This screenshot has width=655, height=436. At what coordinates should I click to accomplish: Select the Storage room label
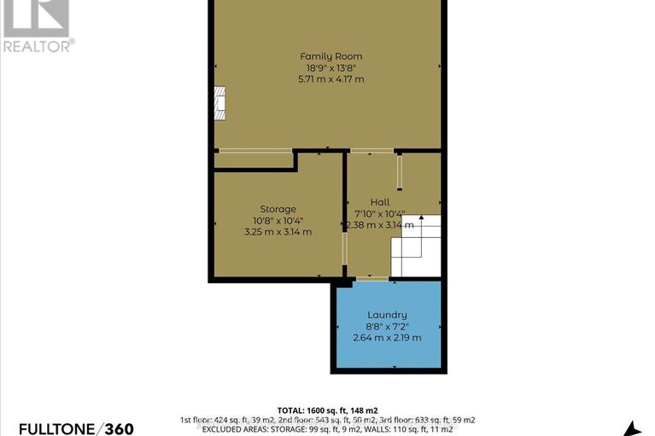tap(278, 209)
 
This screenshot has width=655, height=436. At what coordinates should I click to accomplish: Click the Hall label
tap(380, 202)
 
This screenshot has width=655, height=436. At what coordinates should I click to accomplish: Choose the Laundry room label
tap(388, 315)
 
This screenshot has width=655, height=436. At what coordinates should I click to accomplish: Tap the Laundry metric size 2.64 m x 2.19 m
tap(388, 337)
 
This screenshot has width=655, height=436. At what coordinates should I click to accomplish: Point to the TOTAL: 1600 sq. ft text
tap(327, 410)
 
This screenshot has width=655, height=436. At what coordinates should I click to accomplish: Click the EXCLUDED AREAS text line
tap(327, 430)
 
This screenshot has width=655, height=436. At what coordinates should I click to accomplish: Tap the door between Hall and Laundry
tap(371, 278)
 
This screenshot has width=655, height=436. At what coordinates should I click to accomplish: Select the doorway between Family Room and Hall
tap(372, 151)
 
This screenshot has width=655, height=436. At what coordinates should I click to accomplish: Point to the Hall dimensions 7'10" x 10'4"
tap(379, 214)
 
